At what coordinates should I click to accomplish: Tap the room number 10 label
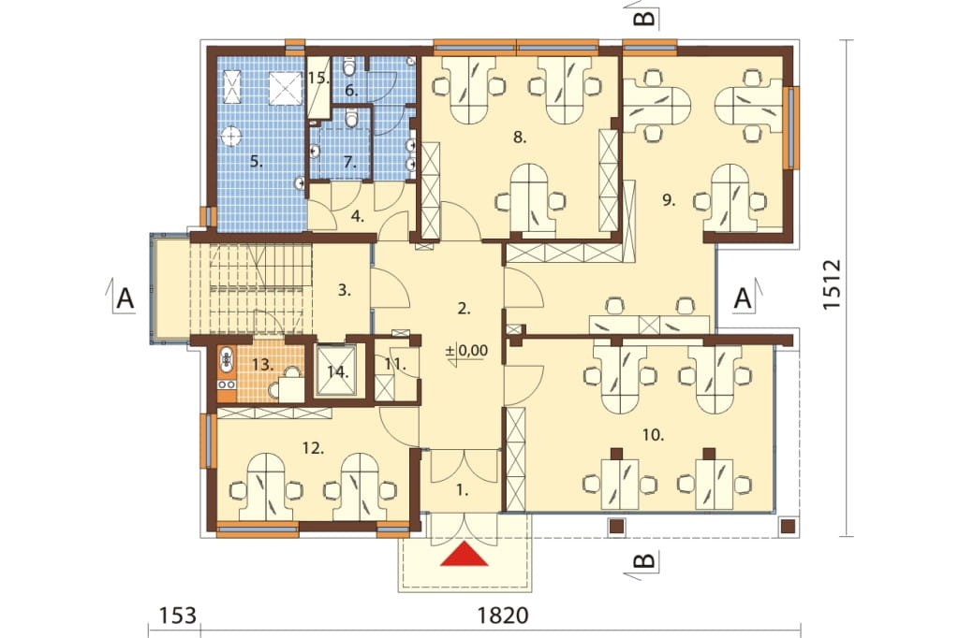[x=653, y=435]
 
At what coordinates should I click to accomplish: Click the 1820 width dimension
[x=502, y=615]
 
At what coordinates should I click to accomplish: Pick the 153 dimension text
[x=178, y=615]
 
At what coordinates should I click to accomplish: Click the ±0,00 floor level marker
[x=466, y=351]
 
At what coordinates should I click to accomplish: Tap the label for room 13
[x=262, y=365]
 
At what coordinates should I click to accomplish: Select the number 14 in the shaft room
[x=337, y=371]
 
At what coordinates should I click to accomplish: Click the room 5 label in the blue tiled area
[x=257, y=162]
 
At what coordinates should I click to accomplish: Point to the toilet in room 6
[x=349, y=65]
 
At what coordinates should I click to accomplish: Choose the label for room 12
[x=313, y=448]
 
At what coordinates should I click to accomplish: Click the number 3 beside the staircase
[x=345, y=290]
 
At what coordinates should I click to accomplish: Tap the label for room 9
[x=669, y=199]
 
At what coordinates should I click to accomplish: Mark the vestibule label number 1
[x=463, y=489]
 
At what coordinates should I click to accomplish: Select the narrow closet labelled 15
[x=318, y=87]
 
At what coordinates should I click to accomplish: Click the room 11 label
[x=395, y=364]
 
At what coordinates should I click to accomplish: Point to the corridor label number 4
[x=358, y=216]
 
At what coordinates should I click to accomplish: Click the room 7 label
[x=349, y=162]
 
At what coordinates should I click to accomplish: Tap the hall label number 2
[x=464, y=309]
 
